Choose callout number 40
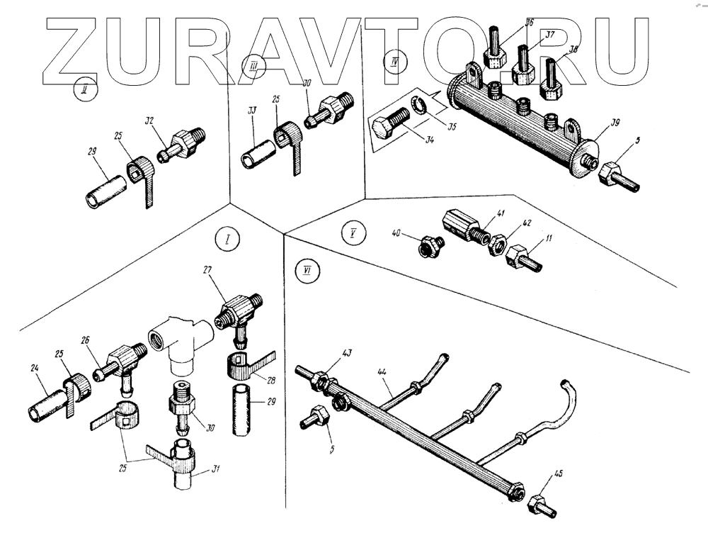tap(398, 232)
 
